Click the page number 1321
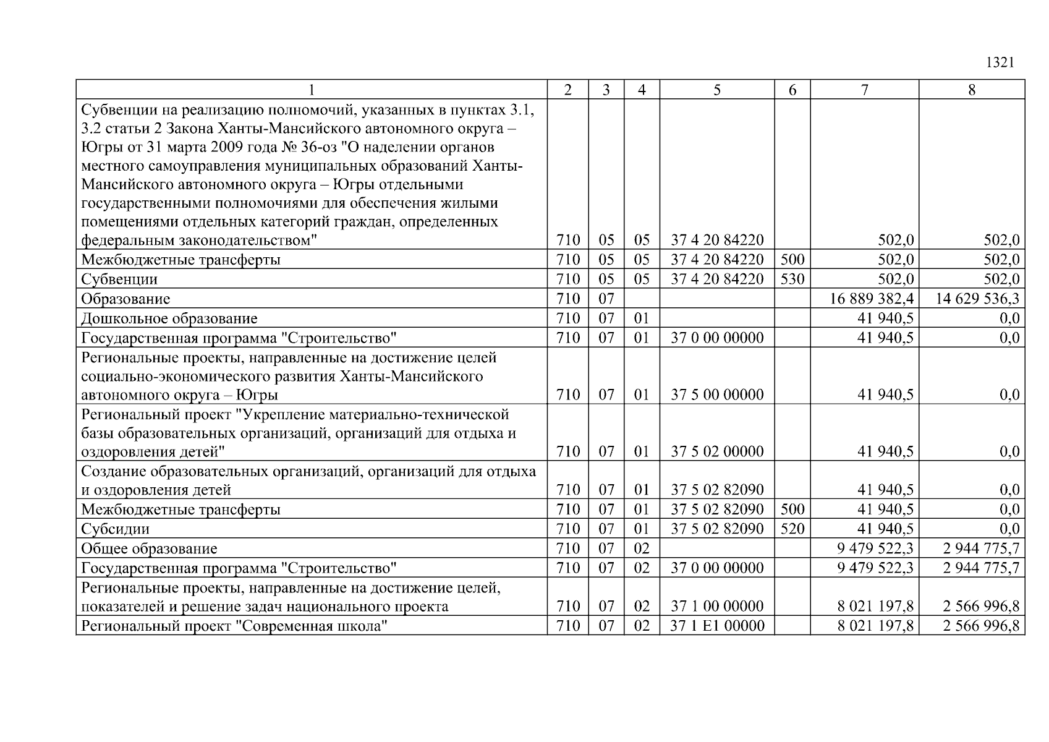tap(1000, 62)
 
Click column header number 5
tap(716, 90)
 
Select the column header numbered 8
tap(971, 90)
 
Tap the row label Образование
tap(125, 299)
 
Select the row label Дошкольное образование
tap(169, 318)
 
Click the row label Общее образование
tap(149, 548)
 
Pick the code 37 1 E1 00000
tap(717, 626)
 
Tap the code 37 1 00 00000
tap(717, 607)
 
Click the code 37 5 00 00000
tap(717, 394)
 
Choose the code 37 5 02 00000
tap(717, 451)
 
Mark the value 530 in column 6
tap(792, 279)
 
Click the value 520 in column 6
tap(792, 529)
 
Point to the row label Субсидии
tap(115, 529)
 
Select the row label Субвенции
tap(119, 279)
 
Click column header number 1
tap(312, 90)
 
